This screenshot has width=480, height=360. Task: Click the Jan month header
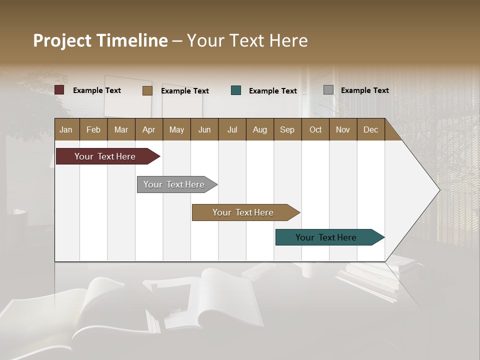(66, 129)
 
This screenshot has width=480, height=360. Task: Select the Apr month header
(148, 129)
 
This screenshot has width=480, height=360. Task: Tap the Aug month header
(259, 129)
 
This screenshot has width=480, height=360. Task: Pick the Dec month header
(370, 129)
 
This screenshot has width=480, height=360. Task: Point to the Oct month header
(315, 129)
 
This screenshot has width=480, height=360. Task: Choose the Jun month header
(204, 129)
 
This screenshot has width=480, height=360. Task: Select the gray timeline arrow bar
(175, 184)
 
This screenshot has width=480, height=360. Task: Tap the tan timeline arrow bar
(244, 212)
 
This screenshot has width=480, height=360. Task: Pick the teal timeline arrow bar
(327, 237)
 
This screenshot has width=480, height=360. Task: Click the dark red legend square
(59, 90)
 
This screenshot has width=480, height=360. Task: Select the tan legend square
(147, 90)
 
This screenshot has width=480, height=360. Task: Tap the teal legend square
(236, 90)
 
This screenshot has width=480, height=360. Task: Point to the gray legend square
(328, 90)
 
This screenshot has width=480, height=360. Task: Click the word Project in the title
(62, 40)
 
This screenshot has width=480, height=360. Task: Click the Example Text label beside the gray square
(364, 90)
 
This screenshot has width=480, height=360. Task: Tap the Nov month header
(343, 129)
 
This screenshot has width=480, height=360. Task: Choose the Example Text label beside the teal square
(272, 91)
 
